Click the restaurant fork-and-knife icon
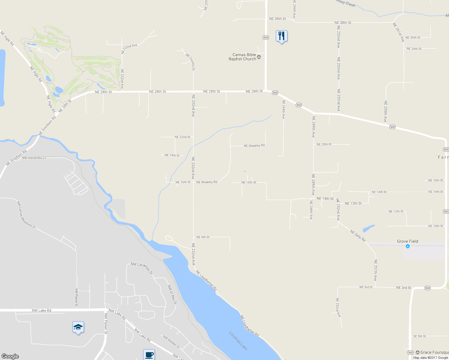(281, 36)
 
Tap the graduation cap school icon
(78, 327)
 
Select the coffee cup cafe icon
(149, 355)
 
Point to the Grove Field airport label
(407, 241)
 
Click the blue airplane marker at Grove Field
(408, 246)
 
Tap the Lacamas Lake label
(238, 340)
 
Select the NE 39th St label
(277, 19)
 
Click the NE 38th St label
(343, 22)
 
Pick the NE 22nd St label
(182, 137)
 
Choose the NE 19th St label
(172, 155)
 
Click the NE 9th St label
(203, 237)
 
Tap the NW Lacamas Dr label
(142, 268)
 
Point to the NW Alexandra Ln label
(34, 158)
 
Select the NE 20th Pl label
(324, 144)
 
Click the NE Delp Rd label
(357, 235)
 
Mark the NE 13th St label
(353, 203)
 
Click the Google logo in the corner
(10, 356)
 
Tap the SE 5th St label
(420, 336)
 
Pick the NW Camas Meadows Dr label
(26, 215)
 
